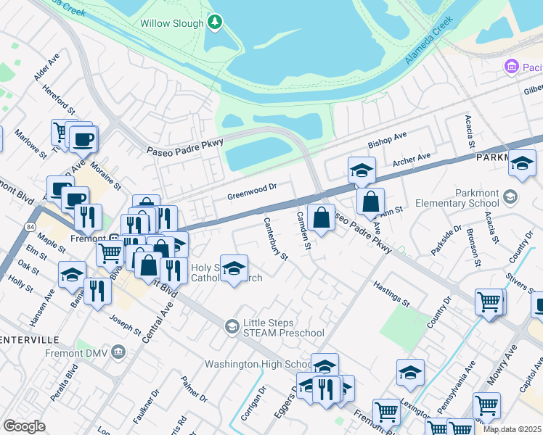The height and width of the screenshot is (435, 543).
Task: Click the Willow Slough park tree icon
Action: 214,22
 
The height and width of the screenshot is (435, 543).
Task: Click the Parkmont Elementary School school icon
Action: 510,197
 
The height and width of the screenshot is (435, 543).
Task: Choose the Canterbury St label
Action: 276,239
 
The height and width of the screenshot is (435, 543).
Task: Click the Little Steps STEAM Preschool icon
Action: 232,326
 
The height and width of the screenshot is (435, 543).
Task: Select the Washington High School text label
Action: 258,364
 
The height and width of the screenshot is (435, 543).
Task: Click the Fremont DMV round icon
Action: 119,352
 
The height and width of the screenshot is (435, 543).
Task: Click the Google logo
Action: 24,426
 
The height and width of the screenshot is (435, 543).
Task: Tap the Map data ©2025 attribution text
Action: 511,429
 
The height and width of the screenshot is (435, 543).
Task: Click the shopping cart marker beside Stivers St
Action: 489,302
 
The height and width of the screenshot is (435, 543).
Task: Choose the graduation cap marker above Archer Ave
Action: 362,170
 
